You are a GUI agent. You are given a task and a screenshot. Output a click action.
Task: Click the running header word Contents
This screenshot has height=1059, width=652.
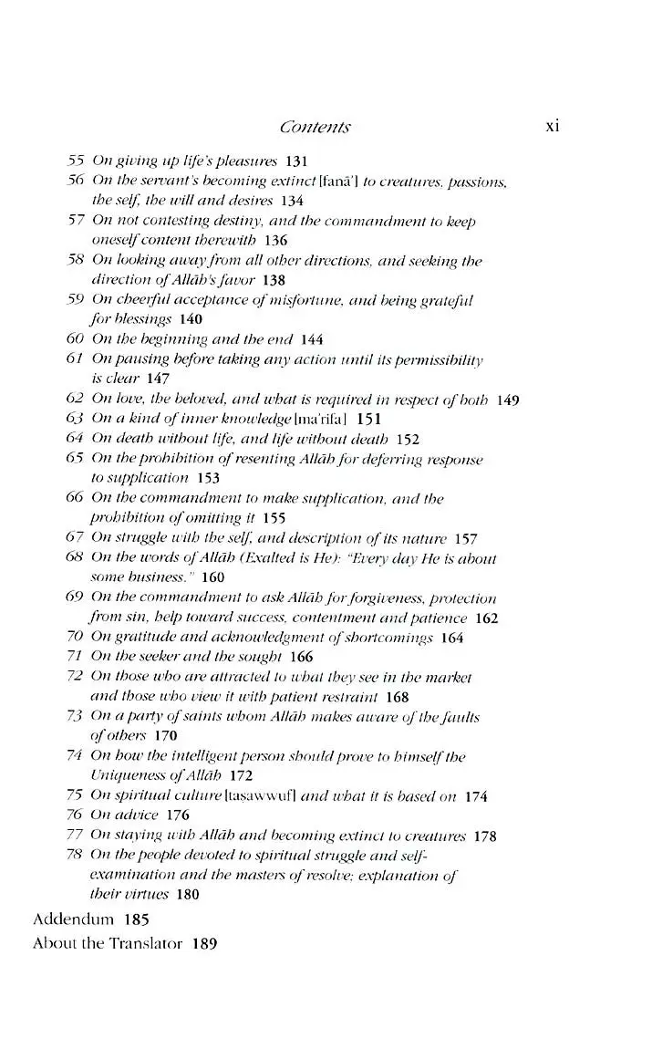pyautogui.click(x=316, y=128)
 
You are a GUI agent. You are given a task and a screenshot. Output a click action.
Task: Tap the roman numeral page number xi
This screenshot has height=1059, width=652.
pyautogui.click(x=552, y=126)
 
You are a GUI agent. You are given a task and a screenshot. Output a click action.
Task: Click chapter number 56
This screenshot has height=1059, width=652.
pyautogui.click(x=76, y=181)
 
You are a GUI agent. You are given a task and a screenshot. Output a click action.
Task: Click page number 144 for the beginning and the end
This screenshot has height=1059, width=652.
pyautogui.click(x=312, y=339)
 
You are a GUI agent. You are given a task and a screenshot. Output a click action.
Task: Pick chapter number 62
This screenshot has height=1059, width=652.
pyautogui.click(x=76, y=399)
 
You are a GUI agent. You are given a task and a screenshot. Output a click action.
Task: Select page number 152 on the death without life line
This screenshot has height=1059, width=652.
pyautogui.click(x=408, y=439)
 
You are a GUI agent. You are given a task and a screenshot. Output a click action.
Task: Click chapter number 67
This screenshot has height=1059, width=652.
pyautogui.click(x=76, y=538)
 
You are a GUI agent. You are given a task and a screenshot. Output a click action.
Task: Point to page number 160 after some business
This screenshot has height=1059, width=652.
pyautogui.click(x=212, y=577)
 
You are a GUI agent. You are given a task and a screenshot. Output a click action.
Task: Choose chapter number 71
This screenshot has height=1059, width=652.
pyautogui.click(x=76, y=657)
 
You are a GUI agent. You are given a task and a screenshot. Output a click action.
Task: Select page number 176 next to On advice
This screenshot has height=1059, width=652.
pyautogui.click(x=178, y=815)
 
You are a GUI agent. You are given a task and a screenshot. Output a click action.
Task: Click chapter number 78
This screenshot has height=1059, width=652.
pyautogui.click(x=76, y=855)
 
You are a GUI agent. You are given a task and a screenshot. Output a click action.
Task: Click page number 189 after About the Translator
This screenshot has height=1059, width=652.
pyautogui.click(x=204, y=944)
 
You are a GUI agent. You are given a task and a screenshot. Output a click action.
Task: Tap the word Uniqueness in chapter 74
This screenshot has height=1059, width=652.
pyautogui.click(x=125, y=776)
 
